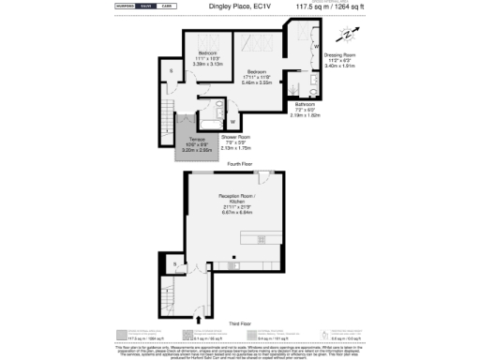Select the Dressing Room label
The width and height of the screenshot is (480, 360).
(x=338, y=55)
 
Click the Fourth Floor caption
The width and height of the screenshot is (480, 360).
(x=241, y=163)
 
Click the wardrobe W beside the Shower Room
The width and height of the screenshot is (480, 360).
(x=232, y=121)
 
